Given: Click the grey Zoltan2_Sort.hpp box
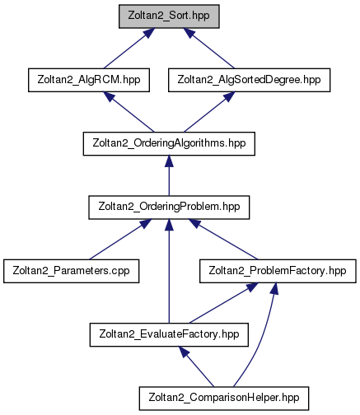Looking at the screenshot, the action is [169, 16].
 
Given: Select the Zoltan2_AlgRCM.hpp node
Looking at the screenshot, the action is [89, 80].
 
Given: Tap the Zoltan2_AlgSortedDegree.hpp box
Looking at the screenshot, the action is [249, 80].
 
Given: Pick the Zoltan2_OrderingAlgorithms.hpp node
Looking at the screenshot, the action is [169, 143].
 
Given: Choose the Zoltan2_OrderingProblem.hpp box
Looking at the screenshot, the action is [169, 207].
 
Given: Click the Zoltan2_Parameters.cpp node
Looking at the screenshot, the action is [71, 271].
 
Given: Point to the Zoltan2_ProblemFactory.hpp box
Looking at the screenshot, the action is [278, 271].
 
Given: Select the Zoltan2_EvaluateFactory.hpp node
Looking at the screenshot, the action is [169, 334].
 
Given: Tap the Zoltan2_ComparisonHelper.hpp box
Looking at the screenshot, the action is [224, 399].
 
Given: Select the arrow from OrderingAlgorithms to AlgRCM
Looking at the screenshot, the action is [129, 112].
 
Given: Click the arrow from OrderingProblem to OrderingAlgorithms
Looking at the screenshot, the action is [169, 175].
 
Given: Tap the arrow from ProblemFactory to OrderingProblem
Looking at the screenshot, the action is [223, 240].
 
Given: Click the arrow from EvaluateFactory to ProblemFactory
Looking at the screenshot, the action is [223, 303].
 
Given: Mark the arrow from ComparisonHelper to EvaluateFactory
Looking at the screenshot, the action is [196, 366].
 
